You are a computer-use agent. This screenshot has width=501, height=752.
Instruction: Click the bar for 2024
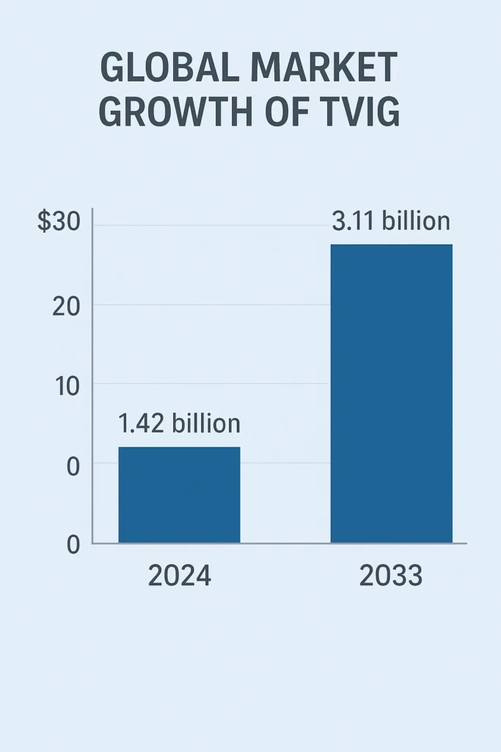179,494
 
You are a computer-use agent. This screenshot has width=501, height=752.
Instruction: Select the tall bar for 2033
391,393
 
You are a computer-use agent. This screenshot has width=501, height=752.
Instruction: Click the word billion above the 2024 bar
206,424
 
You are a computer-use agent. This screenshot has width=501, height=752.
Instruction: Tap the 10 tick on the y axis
67,385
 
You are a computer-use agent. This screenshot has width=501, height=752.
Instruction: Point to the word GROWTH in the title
177,113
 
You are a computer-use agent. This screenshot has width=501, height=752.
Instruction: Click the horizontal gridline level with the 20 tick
213,305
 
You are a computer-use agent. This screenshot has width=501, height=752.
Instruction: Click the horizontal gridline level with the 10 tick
213,383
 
